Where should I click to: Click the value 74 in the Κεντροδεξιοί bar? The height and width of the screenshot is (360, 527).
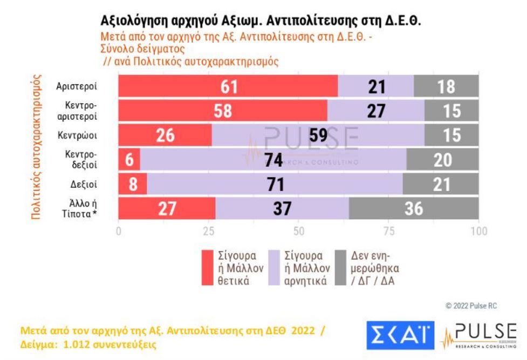[x=274, y=160]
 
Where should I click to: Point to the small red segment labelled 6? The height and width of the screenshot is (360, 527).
[x=129, y=160]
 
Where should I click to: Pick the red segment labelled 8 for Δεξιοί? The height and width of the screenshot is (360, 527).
[x=133, y=184]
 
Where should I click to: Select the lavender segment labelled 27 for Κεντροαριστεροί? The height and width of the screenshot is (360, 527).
[x=376, y=111]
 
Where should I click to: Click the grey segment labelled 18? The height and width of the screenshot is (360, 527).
[x=446, y=86]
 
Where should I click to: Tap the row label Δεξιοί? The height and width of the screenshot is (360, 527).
[x=84, y=185]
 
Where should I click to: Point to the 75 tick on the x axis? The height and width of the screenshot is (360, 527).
[x=388, y=232]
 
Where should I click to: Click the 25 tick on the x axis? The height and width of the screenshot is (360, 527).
[x=208, y=232]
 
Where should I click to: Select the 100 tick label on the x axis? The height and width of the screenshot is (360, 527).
[x=477, y=232]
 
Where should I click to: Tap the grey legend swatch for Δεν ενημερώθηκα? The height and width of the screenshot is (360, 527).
[x=340, y=267]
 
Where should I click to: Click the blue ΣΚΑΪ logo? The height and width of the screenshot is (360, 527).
[x=400, y=335]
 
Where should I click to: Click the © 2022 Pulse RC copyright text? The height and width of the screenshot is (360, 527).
[x=471, y=306]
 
